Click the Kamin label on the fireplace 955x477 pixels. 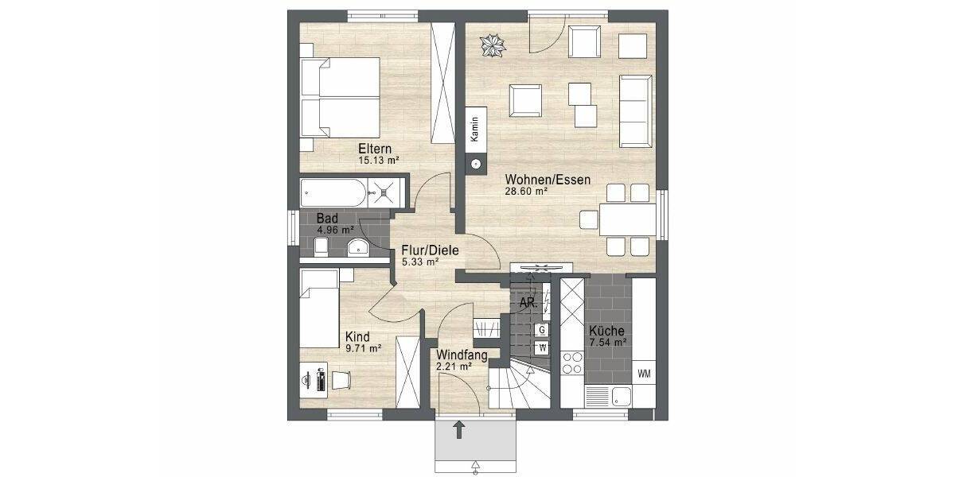tap(475, 127)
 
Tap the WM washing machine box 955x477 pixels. tap(643, 373)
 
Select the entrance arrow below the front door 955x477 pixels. tap(459, 431)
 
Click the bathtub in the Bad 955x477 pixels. tap(335, 193)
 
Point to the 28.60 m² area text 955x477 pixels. tap(526, 192)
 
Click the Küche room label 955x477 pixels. tap(606, 332)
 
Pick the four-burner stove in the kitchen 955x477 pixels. tap(571, 363)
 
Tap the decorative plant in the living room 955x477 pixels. tap(492, 45)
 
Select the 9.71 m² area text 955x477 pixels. tap(362, 348)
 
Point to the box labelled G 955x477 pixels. tap(542, 329)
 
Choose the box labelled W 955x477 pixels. tap(542, 347)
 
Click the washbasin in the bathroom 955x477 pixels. tap(359, 246)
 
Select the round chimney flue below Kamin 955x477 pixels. tap(475, 165)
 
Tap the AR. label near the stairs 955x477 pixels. tap(527, 303)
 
